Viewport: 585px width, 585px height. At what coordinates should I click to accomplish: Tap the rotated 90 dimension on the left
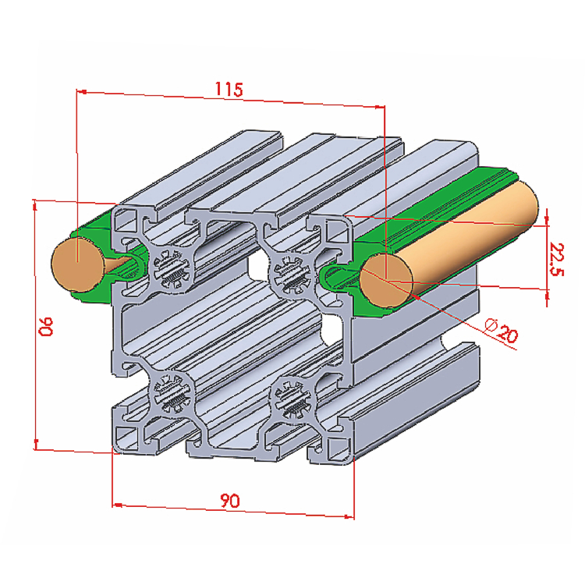tap(46, 326)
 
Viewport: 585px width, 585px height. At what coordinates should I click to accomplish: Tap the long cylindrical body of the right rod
tap(468, 234)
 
